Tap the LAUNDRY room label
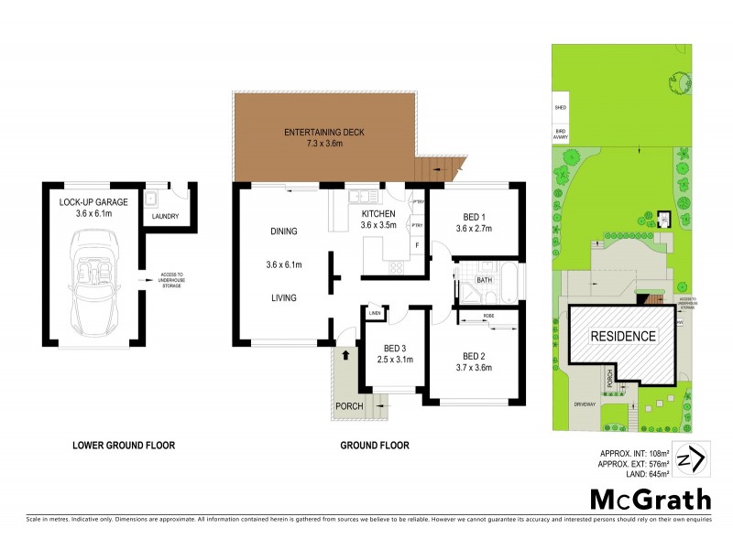166,217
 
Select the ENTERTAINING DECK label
323,133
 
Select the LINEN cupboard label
375,315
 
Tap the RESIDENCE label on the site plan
622,336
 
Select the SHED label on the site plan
561,108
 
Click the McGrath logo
650,499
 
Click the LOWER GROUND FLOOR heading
124,446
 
